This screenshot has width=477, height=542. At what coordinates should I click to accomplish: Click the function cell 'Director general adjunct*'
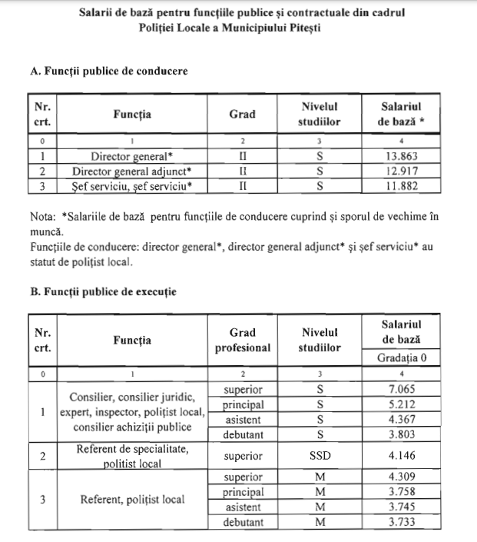[132, 171]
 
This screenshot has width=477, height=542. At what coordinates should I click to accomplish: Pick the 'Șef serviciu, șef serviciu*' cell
[132, 185]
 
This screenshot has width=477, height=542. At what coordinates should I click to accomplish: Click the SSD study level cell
[320, 456]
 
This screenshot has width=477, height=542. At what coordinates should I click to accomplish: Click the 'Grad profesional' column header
[242, 341]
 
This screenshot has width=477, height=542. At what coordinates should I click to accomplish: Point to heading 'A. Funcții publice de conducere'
[108, 71]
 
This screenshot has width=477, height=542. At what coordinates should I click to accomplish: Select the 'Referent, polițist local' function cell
[132, 500]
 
